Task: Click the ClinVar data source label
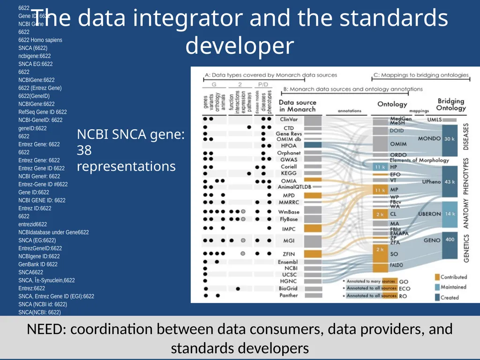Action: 289,120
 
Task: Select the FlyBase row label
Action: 289,219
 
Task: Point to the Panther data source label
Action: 289,295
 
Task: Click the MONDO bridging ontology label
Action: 429,139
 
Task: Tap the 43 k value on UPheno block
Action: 450,181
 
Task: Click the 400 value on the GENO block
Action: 450,240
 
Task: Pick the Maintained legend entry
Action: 453,287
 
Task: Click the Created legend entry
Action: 450,297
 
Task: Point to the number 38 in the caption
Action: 84,150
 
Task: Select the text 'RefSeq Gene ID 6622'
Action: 43,112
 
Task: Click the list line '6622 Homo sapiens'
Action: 40,40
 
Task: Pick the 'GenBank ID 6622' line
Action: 38,264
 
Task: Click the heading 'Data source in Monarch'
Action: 297,105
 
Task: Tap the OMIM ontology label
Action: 398,144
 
